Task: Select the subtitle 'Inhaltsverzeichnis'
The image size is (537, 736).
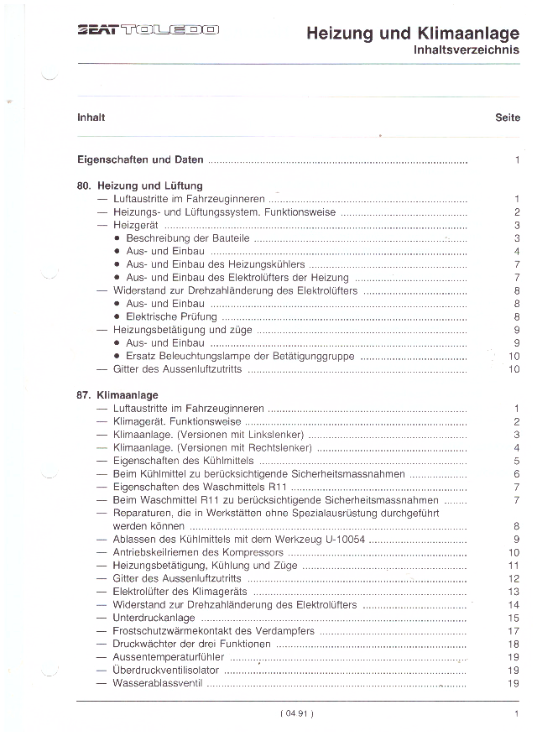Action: point(466,50)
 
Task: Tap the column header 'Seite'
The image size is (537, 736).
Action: point(508,117)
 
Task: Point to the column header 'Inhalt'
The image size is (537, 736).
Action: point(91,117)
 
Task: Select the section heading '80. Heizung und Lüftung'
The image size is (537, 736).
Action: point(140,185)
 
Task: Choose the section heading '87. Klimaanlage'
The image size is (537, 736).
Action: point(117,394)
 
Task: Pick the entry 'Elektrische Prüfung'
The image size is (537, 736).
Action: point(171,317)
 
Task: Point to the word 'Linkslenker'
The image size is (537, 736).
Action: point(276,435)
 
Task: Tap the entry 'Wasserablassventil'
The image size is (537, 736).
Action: point(158,683)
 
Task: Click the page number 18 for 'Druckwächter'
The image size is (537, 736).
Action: point(514,644)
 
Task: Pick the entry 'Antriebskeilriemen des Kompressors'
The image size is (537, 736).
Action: point(198,552)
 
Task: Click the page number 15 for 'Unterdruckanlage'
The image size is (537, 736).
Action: point(514,618)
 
